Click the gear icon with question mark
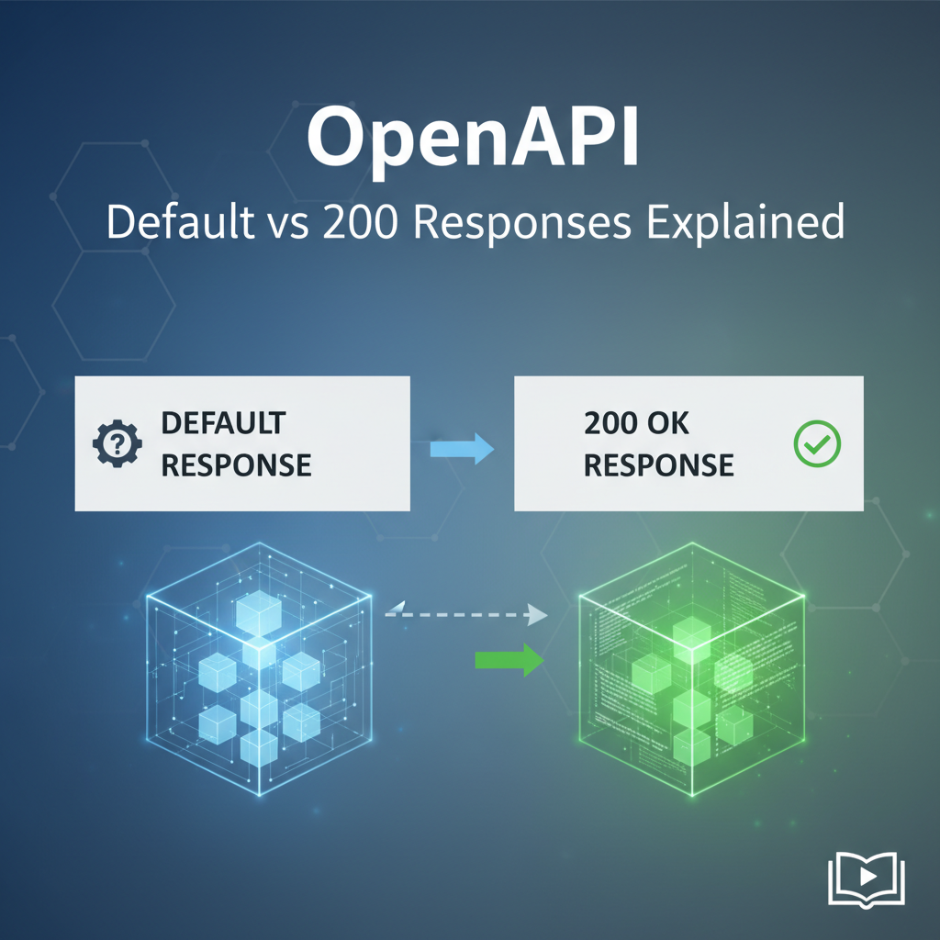[117, 444]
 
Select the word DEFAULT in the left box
[223, 424]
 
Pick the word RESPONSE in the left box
[236, 464]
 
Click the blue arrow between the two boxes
[462, 448]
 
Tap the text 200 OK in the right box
[636, 424]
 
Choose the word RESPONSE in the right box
[658, 464]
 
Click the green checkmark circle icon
[815, 444]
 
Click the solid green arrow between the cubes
[509, 659]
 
